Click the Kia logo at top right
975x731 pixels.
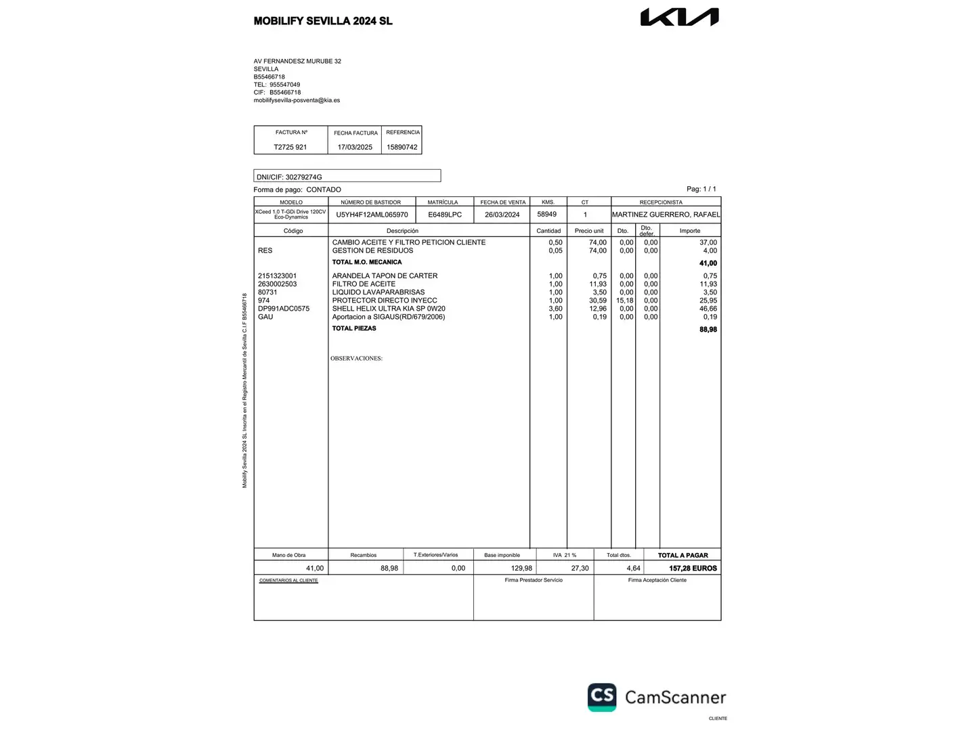679,17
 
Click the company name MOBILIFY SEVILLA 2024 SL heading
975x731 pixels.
323,21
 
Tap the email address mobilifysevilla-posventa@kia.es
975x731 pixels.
297,100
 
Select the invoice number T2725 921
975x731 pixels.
290,147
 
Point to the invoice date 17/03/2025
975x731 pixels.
355,147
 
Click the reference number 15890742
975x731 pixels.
402,147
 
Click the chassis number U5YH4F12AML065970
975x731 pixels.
372,215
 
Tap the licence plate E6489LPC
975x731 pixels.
445,215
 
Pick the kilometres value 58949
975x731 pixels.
547,214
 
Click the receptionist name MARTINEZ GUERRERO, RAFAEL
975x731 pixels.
666,215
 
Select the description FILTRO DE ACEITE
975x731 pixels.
364,284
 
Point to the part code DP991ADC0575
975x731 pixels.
284,309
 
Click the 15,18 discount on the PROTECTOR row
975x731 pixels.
625,301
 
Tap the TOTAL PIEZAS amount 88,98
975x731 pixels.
708,330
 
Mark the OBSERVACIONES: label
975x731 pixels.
356,358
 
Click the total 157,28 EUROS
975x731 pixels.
693,569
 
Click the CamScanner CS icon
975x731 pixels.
602,696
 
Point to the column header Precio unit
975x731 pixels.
589,231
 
